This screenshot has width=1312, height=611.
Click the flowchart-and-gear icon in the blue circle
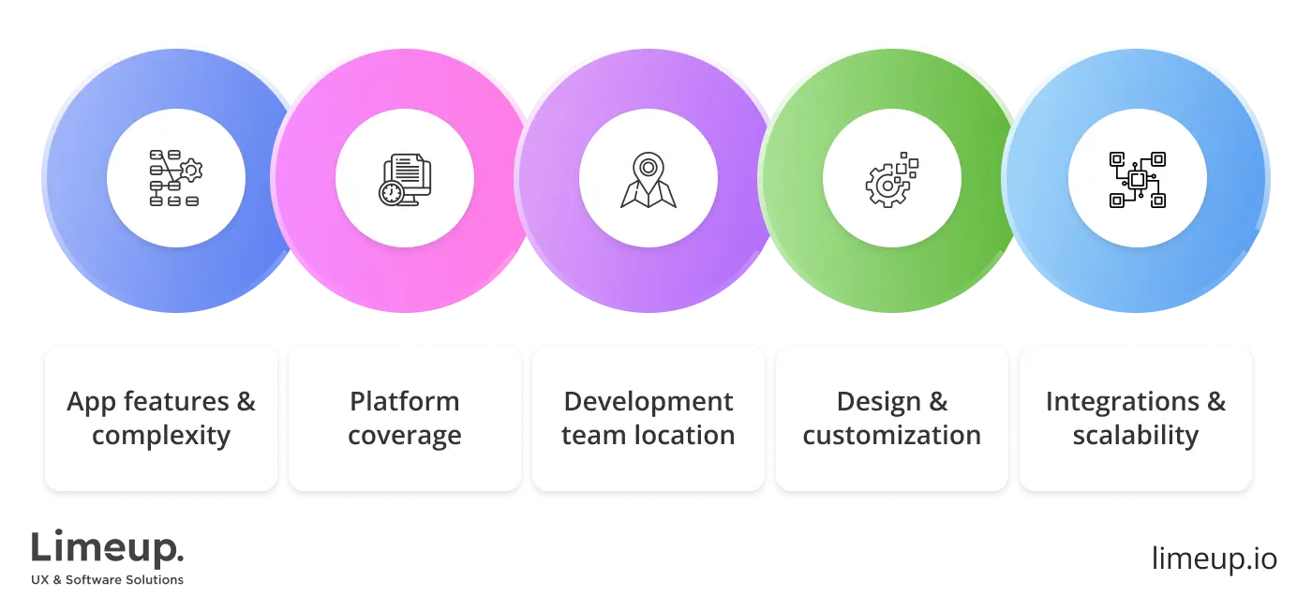tap(175, 178)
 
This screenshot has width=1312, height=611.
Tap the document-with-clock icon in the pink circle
tap(406, 179)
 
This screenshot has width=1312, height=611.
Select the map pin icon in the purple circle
tap(648, 179)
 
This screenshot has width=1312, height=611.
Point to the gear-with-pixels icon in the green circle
tap(890, 178)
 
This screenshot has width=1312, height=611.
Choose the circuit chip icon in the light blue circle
tap(1137, 179)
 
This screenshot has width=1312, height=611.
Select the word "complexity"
tap(161, 437)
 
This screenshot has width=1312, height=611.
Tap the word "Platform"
tap(405, 402)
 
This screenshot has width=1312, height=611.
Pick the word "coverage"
tap(405, 437)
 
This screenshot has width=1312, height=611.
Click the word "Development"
tap(649, 402)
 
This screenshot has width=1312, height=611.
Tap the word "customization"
tap(892, 436)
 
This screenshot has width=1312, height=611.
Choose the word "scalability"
tap(1136, 437)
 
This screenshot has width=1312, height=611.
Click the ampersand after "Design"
tap(938, 403)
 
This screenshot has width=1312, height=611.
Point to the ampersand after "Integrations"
tap(1215, 403)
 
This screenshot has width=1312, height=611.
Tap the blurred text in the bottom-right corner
tap(1213, 555)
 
